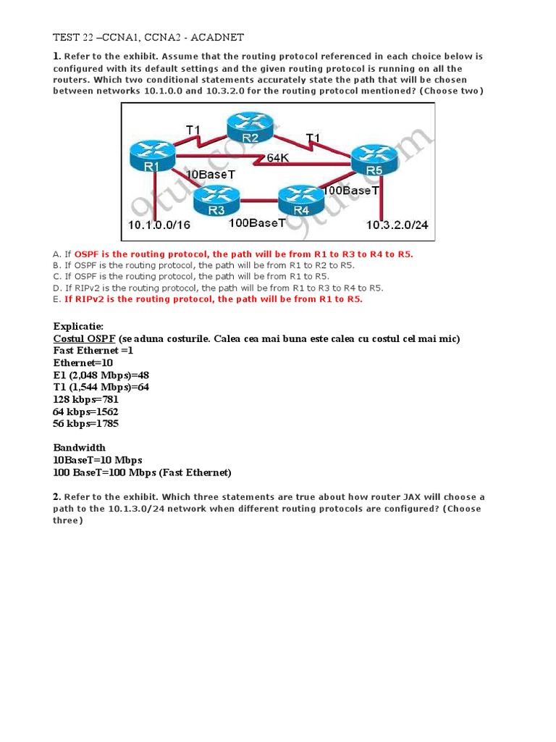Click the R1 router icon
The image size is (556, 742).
click(x=151, y=155)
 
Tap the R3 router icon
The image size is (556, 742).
click(x=216, y=198)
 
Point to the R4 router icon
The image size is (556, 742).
click(x=300, y=198)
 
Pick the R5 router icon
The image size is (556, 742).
click(x=374, y=160)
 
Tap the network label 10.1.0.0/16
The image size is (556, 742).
click(x=159, y=225)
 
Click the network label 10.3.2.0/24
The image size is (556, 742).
click(x=397, y=225)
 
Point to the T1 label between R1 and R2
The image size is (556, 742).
click(x=193, y=130)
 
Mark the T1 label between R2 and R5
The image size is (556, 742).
click(x=312, y=138)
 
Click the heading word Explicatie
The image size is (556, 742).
click(x=78, y=326)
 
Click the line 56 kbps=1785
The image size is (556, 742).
click(x=86, y=423)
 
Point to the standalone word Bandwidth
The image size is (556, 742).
click(x=79, y=448)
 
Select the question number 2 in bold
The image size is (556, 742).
click(x=56, y=496)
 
